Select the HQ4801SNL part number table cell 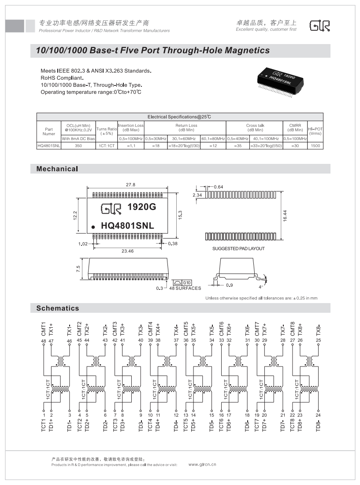tap(48, 145)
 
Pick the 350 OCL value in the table tap(78, 145)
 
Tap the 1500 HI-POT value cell tap(315, 145)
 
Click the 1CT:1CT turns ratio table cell tap(107, 145)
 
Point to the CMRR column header tap(295, 128)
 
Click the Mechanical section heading tap(57, 169)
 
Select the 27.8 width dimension tap(130, 185)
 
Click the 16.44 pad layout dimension tap(285, 216)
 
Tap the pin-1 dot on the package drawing tap(93, 227)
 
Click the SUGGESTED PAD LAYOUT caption tap(238, 249)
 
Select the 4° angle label tap(261, 287)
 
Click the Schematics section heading tap(58, 308)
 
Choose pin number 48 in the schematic tap(44, 341)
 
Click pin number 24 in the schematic tap(319, 415)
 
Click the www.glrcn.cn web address tap(202, 464)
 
